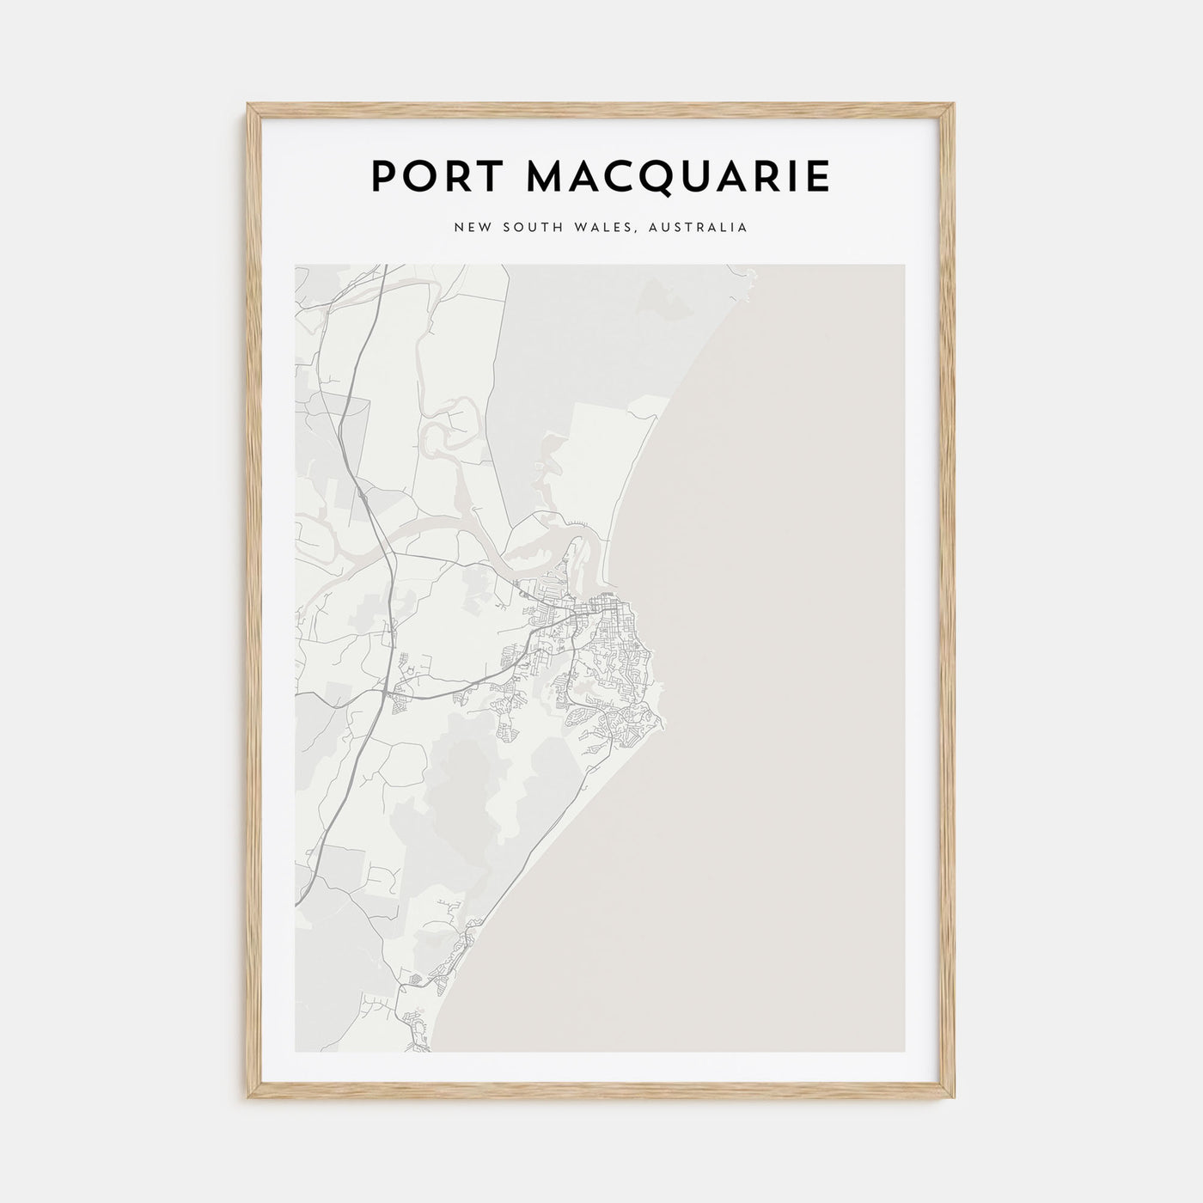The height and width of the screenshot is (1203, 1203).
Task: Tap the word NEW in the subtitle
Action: click(471, 228)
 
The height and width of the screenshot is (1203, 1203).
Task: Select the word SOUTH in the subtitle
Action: click(530, 228)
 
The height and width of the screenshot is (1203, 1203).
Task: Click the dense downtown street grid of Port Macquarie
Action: click(593, 614)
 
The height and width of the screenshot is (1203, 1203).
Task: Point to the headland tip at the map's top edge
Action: click(751, 276)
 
